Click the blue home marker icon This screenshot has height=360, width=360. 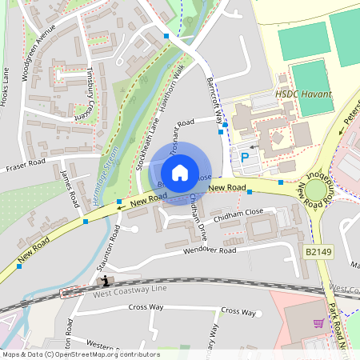tap(180, 172)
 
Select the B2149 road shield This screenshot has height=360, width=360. tap(318, 251)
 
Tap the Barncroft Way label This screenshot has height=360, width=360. tap(214, 98)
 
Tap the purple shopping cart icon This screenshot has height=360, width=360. tap(318, 324)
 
